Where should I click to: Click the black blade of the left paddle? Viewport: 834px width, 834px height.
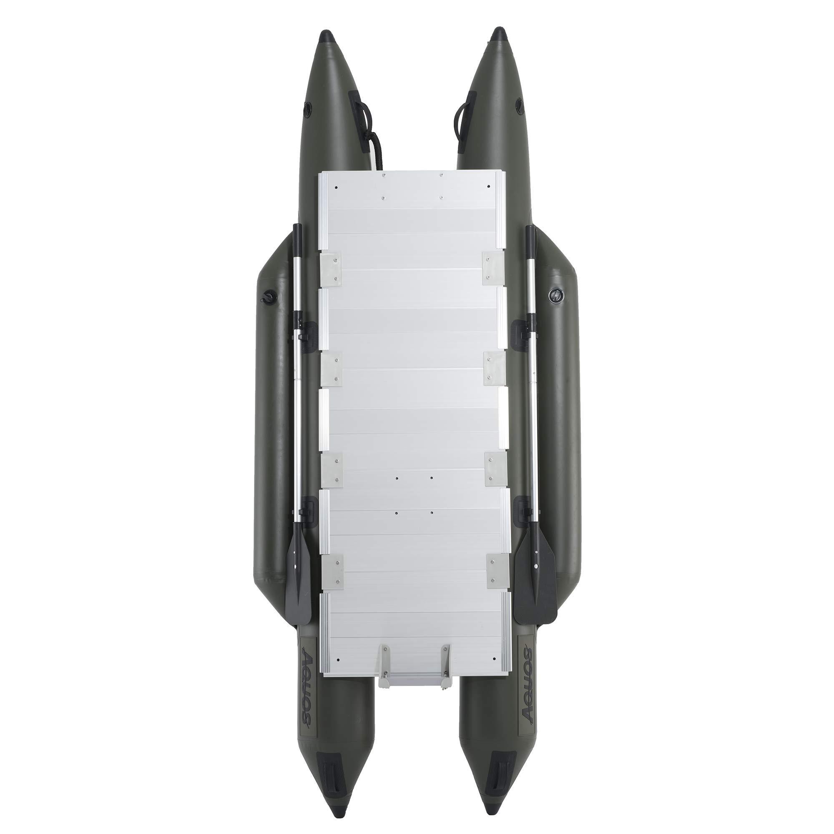coord(298,575)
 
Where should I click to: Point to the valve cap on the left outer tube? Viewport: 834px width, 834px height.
coord(266,296)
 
